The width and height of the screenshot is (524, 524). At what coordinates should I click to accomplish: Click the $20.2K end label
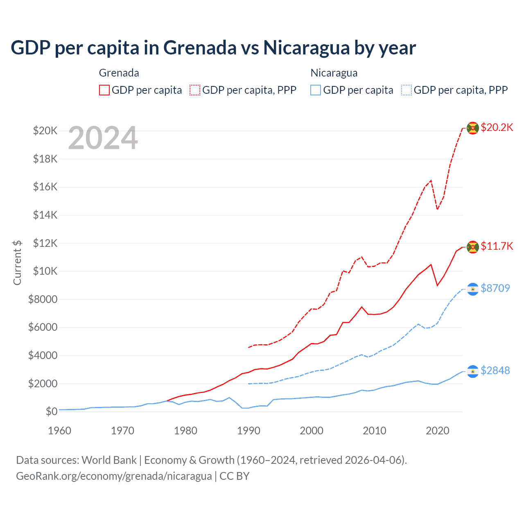[497, 127]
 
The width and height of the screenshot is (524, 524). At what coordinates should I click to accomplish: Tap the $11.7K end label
[497, 246]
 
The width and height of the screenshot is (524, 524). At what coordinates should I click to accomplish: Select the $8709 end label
[495, 288]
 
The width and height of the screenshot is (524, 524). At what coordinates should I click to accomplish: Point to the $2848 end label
[495, 370]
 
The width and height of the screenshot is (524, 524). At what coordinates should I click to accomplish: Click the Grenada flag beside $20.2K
[473, 128]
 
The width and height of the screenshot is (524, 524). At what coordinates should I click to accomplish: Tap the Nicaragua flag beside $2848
[473, 371]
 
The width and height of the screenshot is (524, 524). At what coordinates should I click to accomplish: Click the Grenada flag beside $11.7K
[473, 247]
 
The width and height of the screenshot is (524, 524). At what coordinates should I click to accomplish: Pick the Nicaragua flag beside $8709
[473, 289]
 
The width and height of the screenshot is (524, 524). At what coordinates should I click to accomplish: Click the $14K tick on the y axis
[45, 215]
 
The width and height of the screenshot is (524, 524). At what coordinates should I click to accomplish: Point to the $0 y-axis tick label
[51, 411]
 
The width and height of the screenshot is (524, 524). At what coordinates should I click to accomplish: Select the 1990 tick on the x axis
[248, 431]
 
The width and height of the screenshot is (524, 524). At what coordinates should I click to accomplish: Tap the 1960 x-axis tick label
[59, 431]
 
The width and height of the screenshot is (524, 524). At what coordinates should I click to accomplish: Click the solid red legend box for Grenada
[104, 90]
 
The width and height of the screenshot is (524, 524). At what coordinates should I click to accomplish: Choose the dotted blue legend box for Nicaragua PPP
[407, 90]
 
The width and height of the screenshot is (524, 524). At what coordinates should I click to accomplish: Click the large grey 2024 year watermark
[103, 138]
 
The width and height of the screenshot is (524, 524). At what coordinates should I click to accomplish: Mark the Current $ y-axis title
[17, 262]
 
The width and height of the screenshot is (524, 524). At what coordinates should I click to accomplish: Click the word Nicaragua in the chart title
[306, 47]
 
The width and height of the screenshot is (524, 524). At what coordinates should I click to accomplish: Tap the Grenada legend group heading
[119, 73]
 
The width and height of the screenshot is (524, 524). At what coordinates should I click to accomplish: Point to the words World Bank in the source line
[109, 460]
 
